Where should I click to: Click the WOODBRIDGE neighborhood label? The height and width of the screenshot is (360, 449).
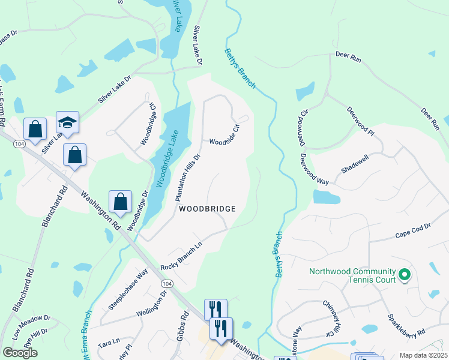[206, 208]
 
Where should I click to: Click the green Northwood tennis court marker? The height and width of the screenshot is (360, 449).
[405, 275]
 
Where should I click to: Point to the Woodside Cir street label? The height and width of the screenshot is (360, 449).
[225, 134]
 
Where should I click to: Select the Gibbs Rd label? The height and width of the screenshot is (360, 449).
[182, 328]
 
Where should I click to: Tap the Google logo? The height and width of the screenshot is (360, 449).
[20, 353]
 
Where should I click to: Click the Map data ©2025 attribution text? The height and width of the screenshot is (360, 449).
[423, 355]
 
